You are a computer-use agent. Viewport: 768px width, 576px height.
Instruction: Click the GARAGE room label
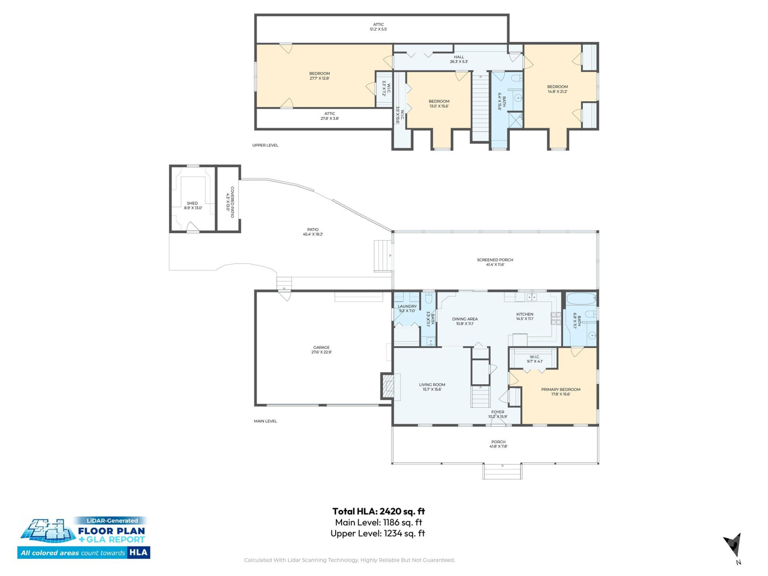pos(321,350)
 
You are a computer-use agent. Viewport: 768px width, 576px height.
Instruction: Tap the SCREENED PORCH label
pos(495,262)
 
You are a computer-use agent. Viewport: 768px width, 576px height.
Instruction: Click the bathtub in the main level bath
pos(581,298)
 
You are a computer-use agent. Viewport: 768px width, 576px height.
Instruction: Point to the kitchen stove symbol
pos(556,318)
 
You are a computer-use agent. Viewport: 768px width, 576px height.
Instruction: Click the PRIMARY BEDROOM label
pos(560,391)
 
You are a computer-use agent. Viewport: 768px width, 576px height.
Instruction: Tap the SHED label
pos(192,205)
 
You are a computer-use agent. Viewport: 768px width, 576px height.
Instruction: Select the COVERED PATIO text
pos(230,202)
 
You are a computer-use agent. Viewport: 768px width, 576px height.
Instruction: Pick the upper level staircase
pos(480,106)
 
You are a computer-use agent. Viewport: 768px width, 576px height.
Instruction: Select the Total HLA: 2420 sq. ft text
pos(378,511)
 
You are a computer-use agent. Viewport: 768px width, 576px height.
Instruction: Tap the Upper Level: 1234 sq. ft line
pos(378,533)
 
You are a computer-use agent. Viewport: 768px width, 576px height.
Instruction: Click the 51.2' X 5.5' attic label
pos(378,27)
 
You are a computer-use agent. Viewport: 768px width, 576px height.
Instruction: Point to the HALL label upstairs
pos(459,59)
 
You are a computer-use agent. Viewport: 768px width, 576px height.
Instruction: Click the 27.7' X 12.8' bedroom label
pos(319,76)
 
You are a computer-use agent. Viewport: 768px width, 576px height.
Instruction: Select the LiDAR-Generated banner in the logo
pos(112,520)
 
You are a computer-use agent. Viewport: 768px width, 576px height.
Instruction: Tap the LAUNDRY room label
pos(407,308)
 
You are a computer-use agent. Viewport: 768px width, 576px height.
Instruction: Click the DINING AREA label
pos(465,321)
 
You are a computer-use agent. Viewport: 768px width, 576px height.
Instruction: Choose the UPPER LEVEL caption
pos(265,145)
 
